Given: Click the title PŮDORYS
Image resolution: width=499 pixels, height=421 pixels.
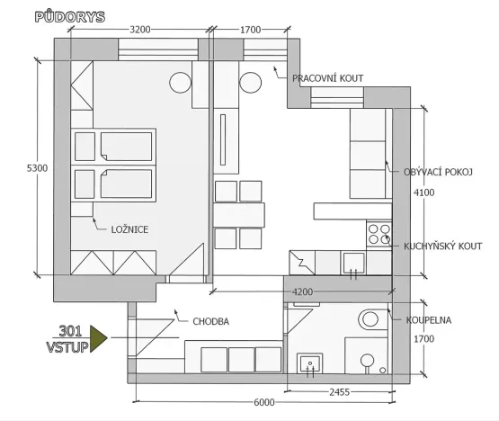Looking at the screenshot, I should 69,16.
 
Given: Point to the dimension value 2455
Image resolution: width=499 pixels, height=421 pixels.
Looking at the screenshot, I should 337,392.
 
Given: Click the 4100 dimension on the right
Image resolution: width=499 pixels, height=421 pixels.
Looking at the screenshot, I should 423,193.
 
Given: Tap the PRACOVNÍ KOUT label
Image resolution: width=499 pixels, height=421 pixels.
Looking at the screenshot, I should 328,78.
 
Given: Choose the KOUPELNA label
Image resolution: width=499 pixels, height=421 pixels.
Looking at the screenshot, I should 429,318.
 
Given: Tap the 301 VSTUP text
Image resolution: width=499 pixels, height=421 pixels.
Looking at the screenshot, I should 68,336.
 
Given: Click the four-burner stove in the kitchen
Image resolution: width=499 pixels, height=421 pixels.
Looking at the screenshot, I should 379,235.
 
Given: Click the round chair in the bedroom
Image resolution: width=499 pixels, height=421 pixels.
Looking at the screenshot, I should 180,83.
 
